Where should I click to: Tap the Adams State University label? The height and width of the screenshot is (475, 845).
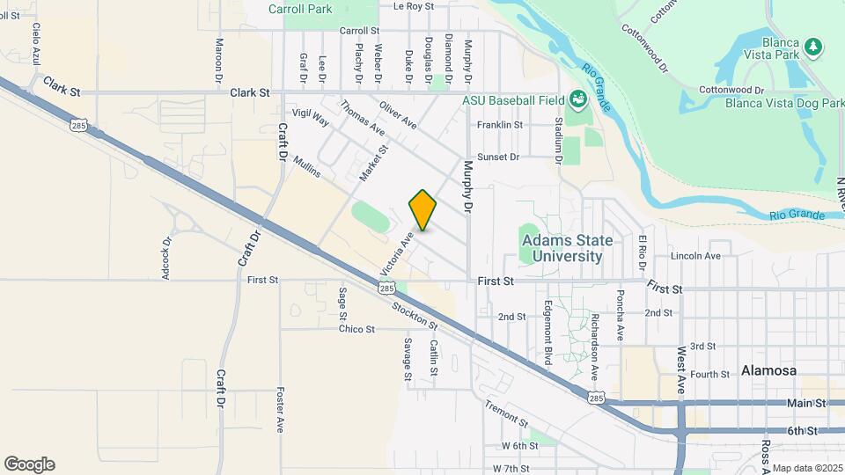tap(562, 248)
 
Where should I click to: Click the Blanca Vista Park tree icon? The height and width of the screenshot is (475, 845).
tap(813, 46)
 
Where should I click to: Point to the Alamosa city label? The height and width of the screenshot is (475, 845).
tap(768, 371)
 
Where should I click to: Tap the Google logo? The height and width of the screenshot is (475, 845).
tap(29, 464)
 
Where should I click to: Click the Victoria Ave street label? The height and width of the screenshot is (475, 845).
tap(396, 251)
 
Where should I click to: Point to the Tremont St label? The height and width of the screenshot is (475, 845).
tap(505, 414)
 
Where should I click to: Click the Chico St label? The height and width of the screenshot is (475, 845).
tap(356, 330)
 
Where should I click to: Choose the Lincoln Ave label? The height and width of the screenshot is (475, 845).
tap(695, 256)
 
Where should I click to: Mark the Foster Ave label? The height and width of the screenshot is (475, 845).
tap(280, 410)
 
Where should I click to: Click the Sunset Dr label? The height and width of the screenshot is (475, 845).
tap(498, 157)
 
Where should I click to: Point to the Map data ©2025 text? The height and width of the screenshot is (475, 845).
tap(807, 468)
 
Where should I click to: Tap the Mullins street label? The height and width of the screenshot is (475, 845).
tap(308, 166)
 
